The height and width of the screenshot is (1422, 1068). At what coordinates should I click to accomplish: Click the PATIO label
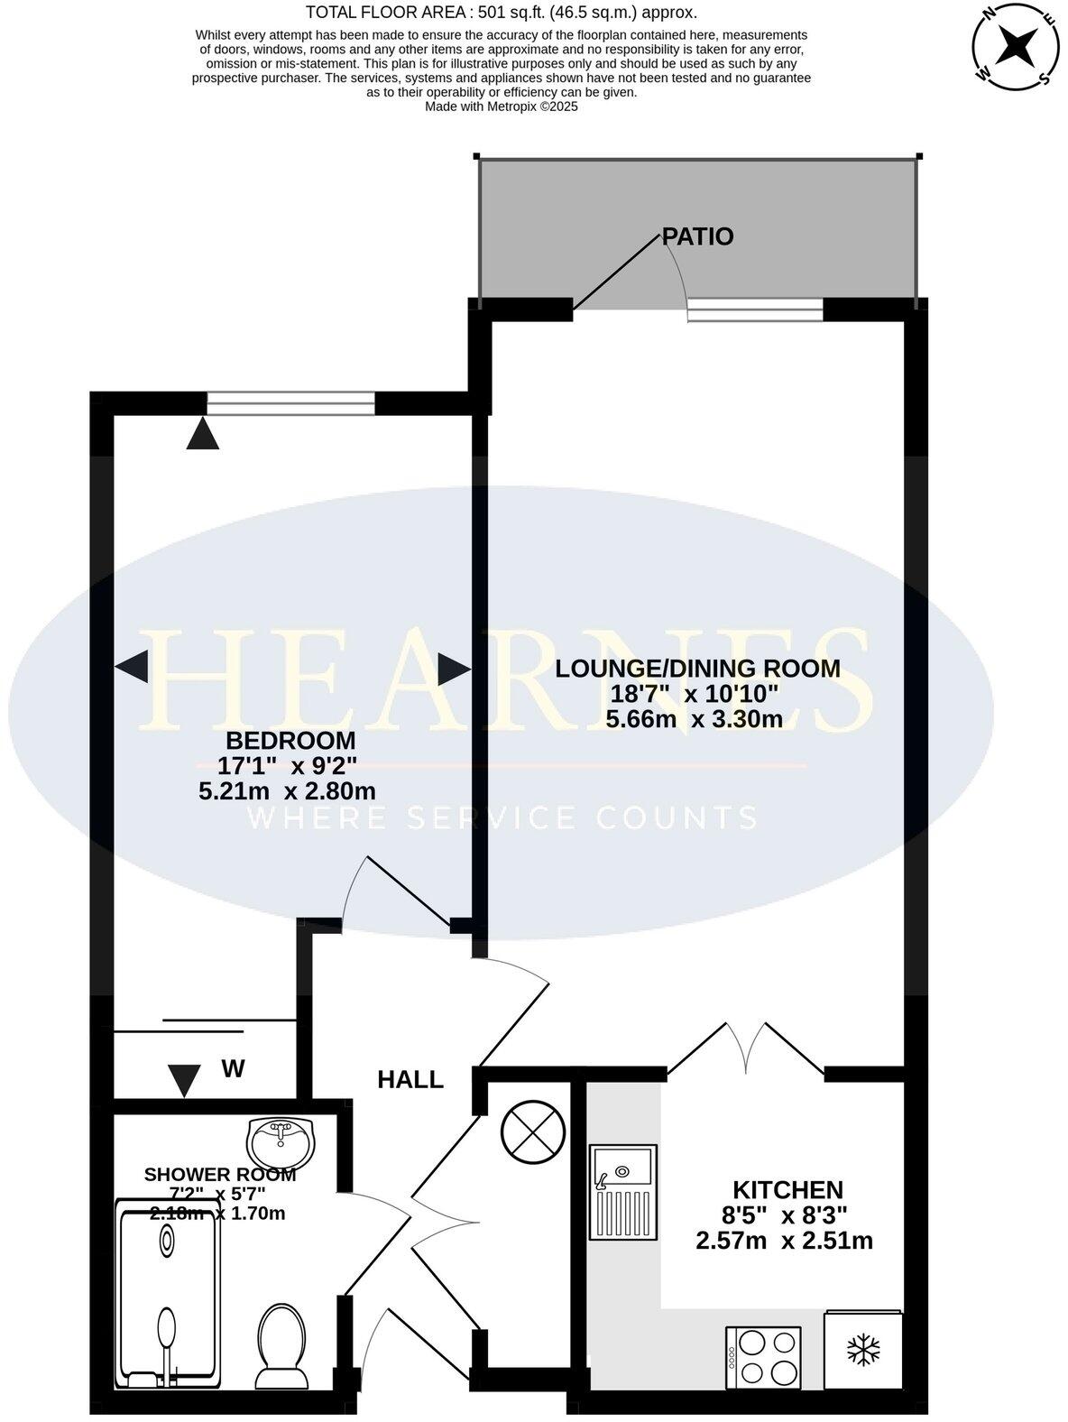[697, 236]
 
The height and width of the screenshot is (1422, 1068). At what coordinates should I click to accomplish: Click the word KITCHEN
[787, 1189]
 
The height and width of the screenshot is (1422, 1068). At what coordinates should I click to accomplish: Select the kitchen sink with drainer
[623, 1192]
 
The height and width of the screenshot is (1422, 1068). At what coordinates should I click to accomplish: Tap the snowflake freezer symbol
[863, 1351]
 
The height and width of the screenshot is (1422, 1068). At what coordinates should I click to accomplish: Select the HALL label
[410, 1079]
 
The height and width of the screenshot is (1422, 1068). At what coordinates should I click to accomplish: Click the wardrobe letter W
[234, 1069]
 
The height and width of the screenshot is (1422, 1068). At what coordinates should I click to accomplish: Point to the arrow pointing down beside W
[185, 1080]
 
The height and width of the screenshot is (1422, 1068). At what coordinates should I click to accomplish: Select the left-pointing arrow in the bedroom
[133, 668]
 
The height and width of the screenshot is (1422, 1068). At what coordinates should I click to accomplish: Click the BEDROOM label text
[290, 741]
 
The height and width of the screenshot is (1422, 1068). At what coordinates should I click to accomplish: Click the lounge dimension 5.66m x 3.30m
[694, 719]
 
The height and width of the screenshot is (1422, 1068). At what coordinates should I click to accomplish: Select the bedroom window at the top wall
[290, 403]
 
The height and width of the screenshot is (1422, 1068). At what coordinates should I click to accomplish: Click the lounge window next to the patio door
[755, 310]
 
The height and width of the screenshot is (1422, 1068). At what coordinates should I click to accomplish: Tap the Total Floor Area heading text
[501, 13]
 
